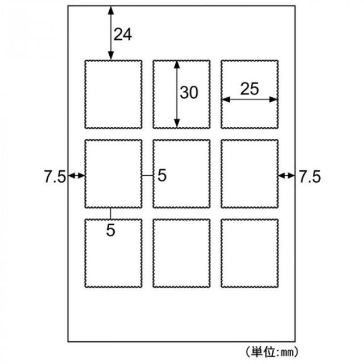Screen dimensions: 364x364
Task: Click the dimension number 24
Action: click(x=123, y=34)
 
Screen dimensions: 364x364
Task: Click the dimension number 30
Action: click(x=189, y=92)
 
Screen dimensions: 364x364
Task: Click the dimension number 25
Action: click(x=250, y=89)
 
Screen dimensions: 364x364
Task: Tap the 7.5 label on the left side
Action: click(x=55, y=177)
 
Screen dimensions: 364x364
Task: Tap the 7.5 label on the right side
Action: click(x=309, y=177)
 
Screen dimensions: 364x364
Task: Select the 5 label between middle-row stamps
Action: click(x=162, y=175)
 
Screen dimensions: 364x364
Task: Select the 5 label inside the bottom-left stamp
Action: click(x=111, y=230)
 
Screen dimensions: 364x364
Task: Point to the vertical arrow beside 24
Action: click(x=111, y=33)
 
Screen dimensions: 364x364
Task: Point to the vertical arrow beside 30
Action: click(x=177, y=94)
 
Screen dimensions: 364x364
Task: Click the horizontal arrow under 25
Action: click(x=250, y=100)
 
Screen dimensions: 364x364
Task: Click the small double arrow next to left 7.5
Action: click(x=76, y=176)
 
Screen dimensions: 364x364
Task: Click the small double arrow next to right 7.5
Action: click(x=287, y=176)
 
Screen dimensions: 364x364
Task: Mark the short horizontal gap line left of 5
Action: click(x=147, y=176)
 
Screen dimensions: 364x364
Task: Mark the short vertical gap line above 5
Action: click(x=110, y=214)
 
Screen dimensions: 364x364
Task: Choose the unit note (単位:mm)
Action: click(x=272, y=352)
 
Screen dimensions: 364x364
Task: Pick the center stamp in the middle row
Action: click(x=181, y=140)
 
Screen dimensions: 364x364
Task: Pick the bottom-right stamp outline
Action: click(x=250, y=220)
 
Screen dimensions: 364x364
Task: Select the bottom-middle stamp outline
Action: click(x=181, y=220)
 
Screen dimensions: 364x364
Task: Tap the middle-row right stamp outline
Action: click(x=250, y=140)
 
